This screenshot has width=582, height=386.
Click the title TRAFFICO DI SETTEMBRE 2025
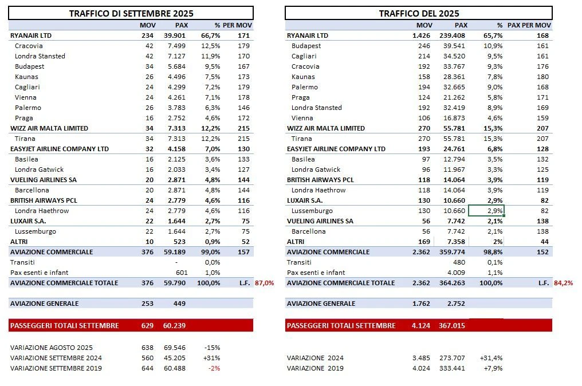131,13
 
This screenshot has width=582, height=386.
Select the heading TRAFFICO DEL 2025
419,13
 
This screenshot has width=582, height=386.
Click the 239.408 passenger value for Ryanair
453,36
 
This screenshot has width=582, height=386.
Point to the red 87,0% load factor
265,283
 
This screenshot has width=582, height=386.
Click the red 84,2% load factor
564,283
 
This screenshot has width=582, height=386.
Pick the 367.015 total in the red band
453,325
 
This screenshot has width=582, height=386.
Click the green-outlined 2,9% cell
486,211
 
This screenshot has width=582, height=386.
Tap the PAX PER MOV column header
529,25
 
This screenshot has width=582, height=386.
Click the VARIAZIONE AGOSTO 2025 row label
52,348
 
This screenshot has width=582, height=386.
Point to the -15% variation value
213,348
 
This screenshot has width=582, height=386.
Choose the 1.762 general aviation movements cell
423,304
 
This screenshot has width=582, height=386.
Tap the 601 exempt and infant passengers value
182,273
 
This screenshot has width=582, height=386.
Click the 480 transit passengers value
461,262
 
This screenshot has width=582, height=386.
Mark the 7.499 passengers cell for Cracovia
179,46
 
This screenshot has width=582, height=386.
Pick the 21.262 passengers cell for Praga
455,97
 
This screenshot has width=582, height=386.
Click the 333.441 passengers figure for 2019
453,368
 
